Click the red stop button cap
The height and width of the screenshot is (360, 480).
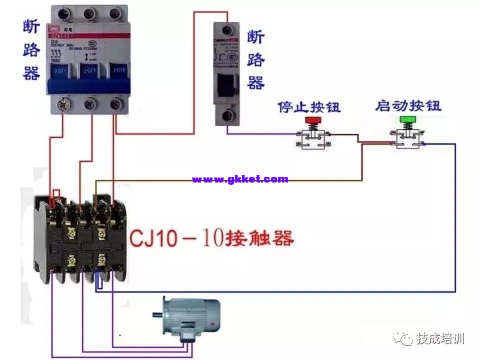pyautogui.click(x=313, y=120)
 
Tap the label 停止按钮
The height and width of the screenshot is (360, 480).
pyautogui.click(x=309, y=106)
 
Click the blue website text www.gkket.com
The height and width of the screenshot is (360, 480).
pyautogui.click(x=240, y=179)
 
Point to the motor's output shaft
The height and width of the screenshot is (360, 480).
pyautogui.click(x=157, y=315)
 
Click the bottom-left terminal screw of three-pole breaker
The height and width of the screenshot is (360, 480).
pyautogui.click(x=63, y=104)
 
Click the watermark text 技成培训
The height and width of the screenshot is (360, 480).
pyautogui.click(x=441, y=338)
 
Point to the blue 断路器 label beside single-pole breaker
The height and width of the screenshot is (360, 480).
pyautogui.click(x=255, y=60)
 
